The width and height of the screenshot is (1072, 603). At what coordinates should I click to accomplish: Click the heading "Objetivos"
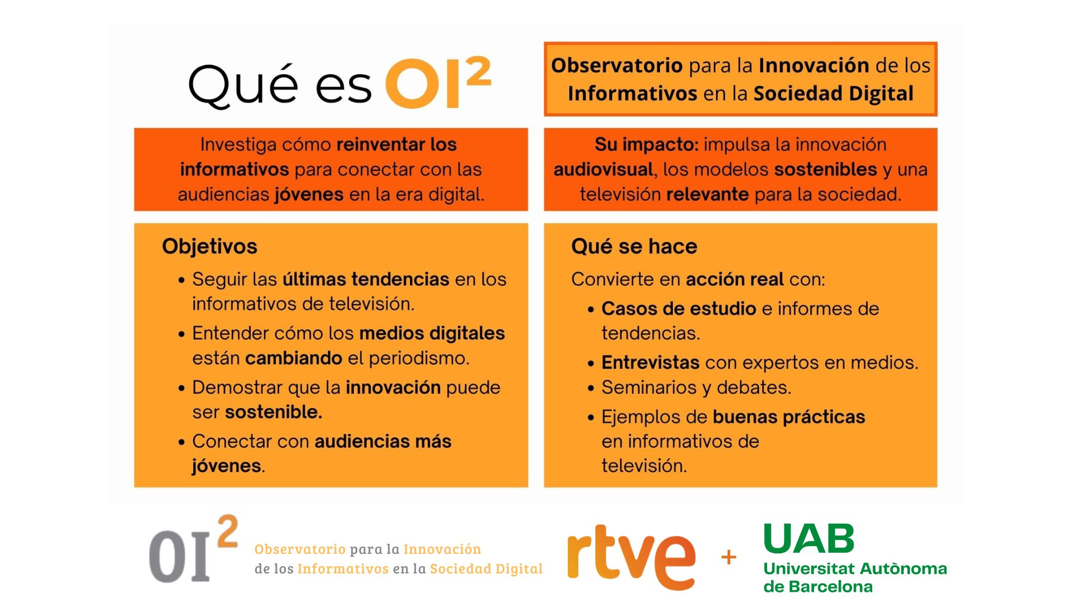(209, 247)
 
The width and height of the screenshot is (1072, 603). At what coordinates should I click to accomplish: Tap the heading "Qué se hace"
(634, 246)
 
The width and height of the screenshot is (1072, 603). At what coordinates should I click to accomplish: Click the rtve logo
(631, 557)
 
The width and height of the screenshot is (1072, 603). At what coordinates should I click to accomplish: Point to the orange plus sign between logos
(729, 557)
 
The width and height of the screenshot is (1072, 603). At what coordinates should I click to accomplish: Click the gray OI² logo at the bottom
(193, 549)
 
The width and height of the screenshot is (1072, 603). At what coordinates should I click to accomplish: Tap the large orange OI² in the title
(438, 83)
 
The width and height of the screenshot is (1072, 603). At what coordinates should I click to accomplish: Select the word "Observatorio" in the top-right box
(617, 65)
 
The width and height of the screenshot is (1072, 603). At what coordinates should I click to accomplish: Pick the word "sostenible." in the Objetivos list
(274, 412)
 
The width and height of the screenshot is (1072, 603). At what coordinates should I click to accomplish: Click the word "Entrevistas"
(650, 362)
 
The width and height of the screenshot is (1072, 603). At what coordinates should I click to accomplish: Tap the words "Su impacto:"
(647, 145)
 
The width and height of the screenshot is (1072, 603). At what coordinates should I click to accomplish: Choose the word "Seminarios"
(648, 387)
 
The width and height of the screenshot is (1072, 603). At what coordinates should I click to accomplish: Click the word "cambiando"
(294, 358)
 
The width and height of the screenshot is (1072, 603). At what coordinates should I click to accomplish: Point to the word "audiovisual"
(604, 169)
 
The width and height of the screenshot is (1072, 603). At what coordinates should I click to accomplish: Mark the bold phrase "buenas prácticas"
(789, 417)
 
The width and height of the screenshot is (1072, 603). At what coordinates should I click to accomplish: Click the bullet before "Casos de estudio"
(591, 309)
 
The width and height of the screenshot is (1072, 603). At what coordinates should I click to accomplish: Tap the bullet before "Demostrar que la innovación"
(181, 388)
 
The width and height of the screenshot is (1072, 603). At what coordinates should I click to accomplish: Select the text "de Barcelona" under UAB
(818, 586)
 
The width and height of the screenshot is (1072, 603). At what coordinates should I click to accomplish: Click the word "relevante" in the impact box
(707, 194)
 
